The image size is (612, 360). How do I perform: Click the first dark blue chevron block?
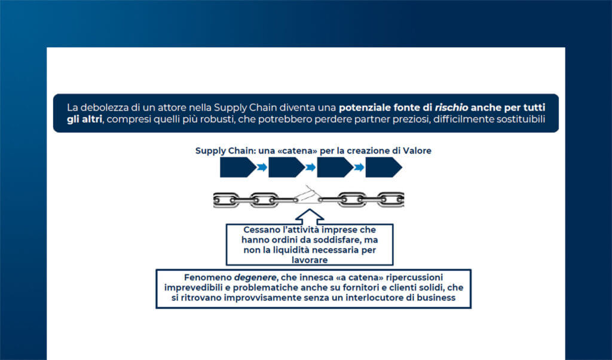pos(237,168)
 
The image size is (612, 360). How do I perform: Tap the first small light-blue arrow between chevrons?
pos(262,168)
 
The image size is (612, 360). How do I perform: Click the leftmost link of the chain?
pos(226,199)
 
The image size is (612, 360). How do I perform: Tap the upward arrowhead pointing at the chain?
pos(309,215)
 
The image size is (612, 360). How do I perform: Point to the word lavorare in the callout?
pos(309,260)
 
